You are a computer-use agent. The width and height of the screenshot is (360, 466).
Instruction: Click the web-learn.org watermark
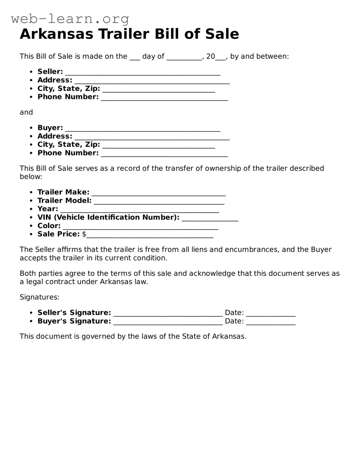pos(70,19)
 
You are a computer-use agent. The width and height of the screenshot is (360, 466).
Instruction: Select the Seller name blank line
pos(143,72)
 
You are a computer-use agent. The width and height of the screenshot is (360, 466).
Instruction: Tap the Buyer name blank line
pos(143,128)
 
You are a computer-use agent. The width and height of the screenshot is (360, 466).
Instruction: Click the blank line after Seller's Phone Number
pos(164,97)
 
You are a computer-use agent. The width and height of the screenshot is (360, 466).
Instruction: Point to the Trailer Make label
pos(63,192)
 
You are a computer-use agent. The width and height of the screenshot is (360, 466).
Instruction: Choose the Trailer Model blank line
pos(159,201)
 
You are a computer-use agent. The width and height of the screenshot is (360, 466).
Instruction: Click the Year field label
pos(48,209)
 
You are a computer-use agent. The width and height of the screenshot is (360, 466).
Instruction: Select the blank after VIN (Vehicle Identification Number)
pos(210,218)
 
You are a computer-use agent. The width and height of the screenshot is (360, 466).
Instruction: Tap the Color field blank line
pos(140,226)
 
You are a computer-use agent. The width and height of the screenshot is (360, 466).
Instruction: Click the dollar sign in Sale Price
pos(84,234)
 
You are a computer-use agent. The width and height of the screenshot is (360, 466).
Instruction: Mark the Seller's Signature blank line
pos(168,313)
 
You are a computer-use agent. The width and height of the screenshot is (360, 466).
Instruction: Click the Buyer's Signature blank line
pos(168,321)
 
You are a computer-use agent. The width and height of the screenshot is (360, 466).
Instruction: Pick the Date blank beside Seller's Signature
pos(270,313)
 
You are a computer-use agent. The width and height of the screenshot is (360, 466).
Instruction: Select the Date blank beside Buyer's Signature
pos(270,321)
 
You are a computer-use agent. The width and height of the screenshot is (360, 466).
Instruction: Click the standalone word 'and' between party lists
pos(26,112)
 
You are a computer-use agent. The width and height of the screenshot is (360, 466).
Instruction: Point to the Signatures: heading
pos(39,297)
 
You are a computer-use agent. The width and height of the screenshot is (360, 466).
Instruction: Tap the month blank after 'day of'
pos(184,57)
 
